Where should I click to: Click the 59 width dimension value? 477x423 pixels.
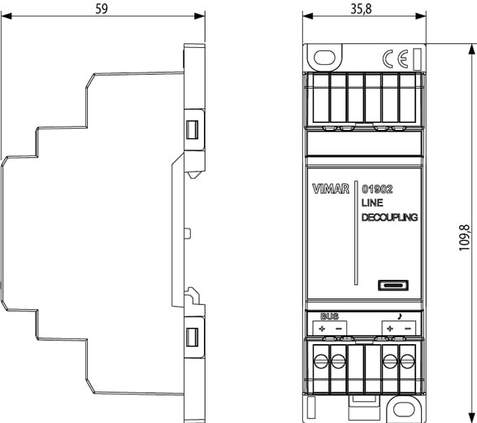click(102, 8)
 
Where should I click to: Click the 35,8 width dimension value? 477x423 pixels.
click(361, 8)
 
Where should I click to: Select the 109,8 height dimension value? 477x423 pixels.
click(464, 238)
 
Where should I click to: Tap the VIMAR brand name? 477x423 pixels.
click(331, 189)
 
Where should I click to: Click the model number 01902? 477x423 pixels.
click(377, 189)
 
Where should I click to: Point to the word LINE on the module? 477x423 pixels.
click(372, 203)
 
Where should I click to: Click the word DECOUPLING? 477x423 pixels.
click(390, 217)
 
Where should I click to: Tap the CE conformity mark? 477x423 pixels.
click(395, 59)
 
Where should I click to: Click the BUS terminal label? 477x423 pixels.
click(329, 316)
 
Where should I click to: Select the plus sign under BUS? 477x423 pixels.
click(322, 329)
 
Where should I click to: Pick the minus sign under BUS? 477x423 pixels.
click(339, 329)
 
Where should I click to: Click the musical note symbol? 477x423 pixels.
click(400, 316)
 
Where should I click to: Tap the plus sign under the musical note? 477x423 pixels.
click(390, 329)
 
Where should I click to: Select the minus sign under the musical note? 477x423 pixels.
click(408, 329)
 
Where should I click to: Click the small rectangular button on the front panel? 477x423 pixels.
click(393, 286)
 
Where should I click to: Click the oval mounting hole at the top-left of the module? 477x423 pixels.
click(324, 57)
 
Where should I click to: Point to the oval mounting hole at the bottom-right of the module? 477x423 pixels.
click(404, 409)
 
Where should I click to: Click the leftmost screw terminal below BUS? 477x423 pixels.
click(321, 361)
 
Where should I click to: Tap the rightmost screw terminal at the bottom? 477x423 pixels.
click(407, 361)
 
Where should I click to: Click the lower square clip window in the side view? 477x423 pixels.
click(192, 337)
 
